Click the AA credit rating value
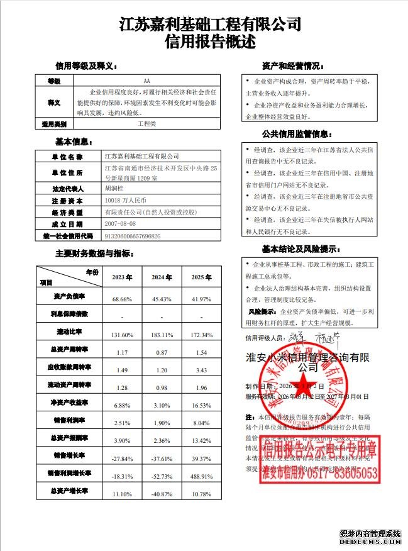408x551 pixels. coord(147,81)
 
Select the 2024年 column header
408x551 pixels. coord(162,277)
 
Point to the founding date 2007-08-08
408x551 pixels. coord(120,224)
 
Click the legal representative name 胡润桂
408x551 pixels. coord(114,189)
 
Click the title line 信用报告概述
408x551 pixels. coord(210,42)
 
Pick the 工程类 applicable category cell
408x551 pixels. coord(147,123)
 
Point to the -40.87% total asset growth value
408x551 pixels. coord(162,494)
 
